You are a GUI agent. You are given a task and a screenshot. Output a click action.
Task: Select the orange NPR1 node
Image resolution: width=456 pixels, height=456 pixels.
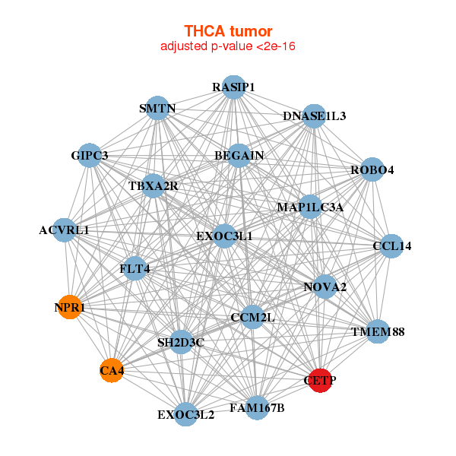(x=69, y=307)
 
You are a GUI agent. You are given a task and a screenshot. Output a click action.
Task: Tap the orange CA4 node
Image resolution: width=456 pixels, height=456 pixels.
(x=112, y=370)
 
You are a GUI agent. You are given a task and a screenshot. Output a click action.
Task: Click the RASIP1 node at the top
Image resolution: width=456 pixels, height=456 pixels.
(x=233, y=87)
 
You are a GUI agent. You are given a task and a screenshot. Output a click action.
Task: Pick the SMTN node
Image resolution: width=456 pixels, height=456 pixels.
(x=157, y=109)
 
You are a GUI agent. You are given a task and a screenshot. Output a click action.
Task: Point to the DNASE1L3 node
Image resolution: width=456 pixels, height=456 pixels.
(x=314, y=116)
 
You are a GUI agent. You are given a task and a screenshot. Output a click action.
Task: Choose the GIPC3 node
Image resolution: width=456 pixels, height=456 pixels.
(x=90, y=156)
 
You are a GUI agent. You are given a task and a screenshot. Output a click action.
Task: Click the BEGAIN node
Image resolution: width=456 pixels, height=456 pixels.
(x=239, y=156)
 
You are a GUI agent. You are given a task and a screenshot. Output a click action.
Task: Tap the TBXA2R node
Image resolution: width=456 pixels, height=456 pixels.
(x=154, y=186)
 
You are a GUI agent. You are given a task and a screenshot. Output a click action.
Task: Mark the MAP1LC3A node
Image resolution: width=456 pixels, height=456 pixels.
(x=310, y=207)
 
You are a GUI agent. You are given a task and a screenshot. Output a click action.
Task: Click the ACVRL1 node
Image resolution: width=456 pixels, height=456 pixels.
(x=65, y=230)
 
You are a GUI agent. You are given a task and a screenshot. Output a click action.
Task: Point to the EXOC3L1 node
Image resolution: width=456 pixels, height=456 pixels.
(x=224, y=236)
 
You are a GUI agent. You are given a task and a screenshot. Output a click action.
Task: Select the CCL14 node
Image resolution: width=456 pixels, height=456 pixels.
(x=391, y=246)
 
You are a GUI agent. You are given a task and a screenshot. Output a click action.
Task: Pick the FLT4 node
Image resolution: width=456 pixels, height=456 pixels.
(x=135, y=268)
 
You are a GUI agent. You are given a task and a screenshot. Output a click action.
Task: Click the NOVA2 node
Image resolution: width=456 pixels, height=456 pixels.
(x=325, y=287)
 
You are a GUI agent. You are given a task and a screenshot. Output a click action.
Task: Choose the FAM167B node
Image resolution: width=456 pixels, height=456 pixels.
(x=257, y=408)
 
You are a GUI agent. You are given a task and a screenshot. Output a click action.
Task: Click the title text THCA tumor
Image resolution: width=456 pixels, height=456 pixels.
(x=228, y=31)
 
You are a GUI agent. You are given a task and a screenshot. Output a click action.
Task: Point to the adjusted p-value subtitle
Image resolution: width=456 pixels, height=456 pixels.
(x=228, y=46)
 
